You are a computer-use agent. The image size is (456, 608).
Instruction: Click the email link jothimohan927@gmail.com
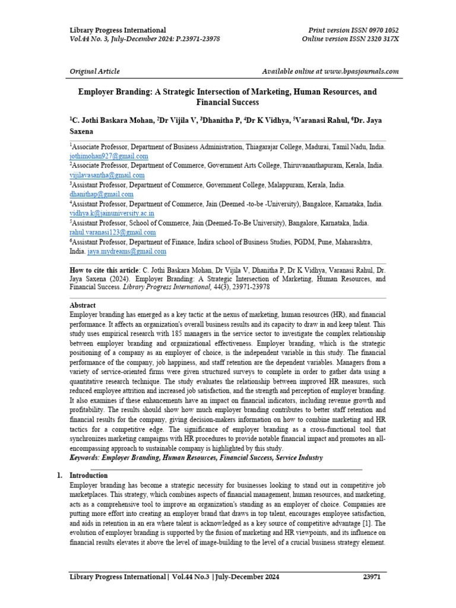point(109,156)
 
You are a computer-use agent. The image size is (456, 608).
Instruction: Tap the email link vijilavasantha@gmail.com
point(107,175)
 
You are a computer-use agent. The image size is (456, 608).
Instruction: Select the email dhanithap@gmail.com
point(102,194)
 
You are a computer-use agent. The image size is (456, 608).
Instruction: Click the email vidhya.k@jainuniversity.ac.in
point(112,213)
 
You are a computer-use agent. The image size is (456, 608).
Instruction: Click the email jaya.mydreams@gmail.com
point(127,252)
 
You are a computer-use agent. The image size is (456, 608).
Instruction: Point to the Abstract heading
point(83,305)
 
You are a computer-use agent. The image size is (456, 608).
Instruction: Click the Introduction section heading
point(88,476)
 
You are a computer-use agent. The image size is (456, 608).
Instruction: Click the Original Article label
point(94,71)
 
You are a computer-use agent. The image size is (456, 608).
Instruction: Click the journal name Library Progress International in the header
point(118,30)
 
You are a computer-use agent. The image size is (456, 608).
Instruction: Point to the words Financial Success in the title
point(228,103)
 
